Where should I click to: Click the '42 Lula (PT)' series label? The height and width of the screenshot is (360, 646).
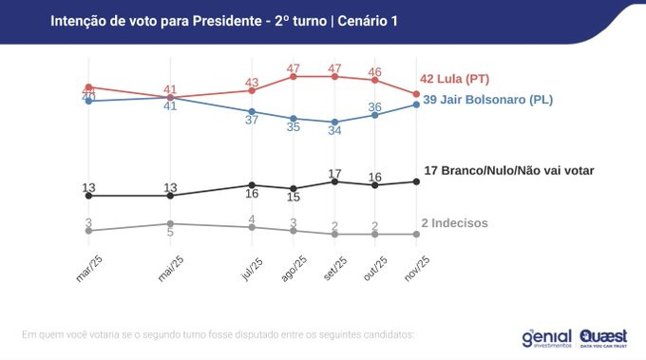click(x=454, y=79)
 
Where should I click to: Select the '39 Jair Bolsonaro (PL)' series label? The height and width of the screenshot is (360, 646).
click(x=487, y=99)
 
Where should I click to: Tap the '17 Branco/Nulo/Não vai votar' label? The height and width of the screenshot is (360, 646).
click(x=508, y=171)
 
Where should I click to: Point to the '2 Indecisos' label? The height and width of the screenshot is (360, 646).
click(x=454, y=222)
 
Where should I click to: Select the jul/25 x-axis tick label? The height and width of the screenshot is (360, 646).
click(x=252, y=269)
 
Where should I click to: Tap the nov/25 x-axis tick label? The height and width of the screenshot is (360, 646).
click(x=416, y=269)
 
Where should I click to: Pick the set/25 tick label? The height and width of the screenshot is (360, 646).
click(x=335, y=269)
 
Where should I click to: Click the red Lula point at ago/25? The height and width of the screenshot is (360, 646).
click(x=294, y=76)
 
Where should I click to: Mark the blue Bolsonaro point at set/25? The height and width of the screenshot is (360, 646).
click(x=334, y=122)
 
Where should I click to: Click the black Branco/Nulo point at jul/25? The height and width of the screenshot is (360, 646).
click(x=251, y=185)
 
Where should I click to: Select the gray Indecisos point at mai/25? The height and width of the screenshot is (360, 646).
click(x=170, y=223)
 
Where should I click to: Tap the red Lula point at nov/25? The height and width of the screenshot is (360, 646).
click(x=415, y=94)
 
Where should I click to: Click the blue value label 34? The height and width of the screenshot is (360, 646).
click(x=334, y=132)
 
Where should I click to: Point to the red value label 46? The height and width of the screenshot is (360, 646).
click(x=375, y=70)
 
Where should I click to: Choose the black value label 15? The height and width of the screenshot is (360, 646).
click(x=294, y=198)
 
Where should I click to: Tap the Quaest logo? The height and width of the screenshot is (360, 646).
click(x=603, y=336)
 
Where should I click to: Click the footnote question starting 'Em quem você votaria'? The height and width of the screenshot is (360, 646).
click(x=218, y=334)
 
